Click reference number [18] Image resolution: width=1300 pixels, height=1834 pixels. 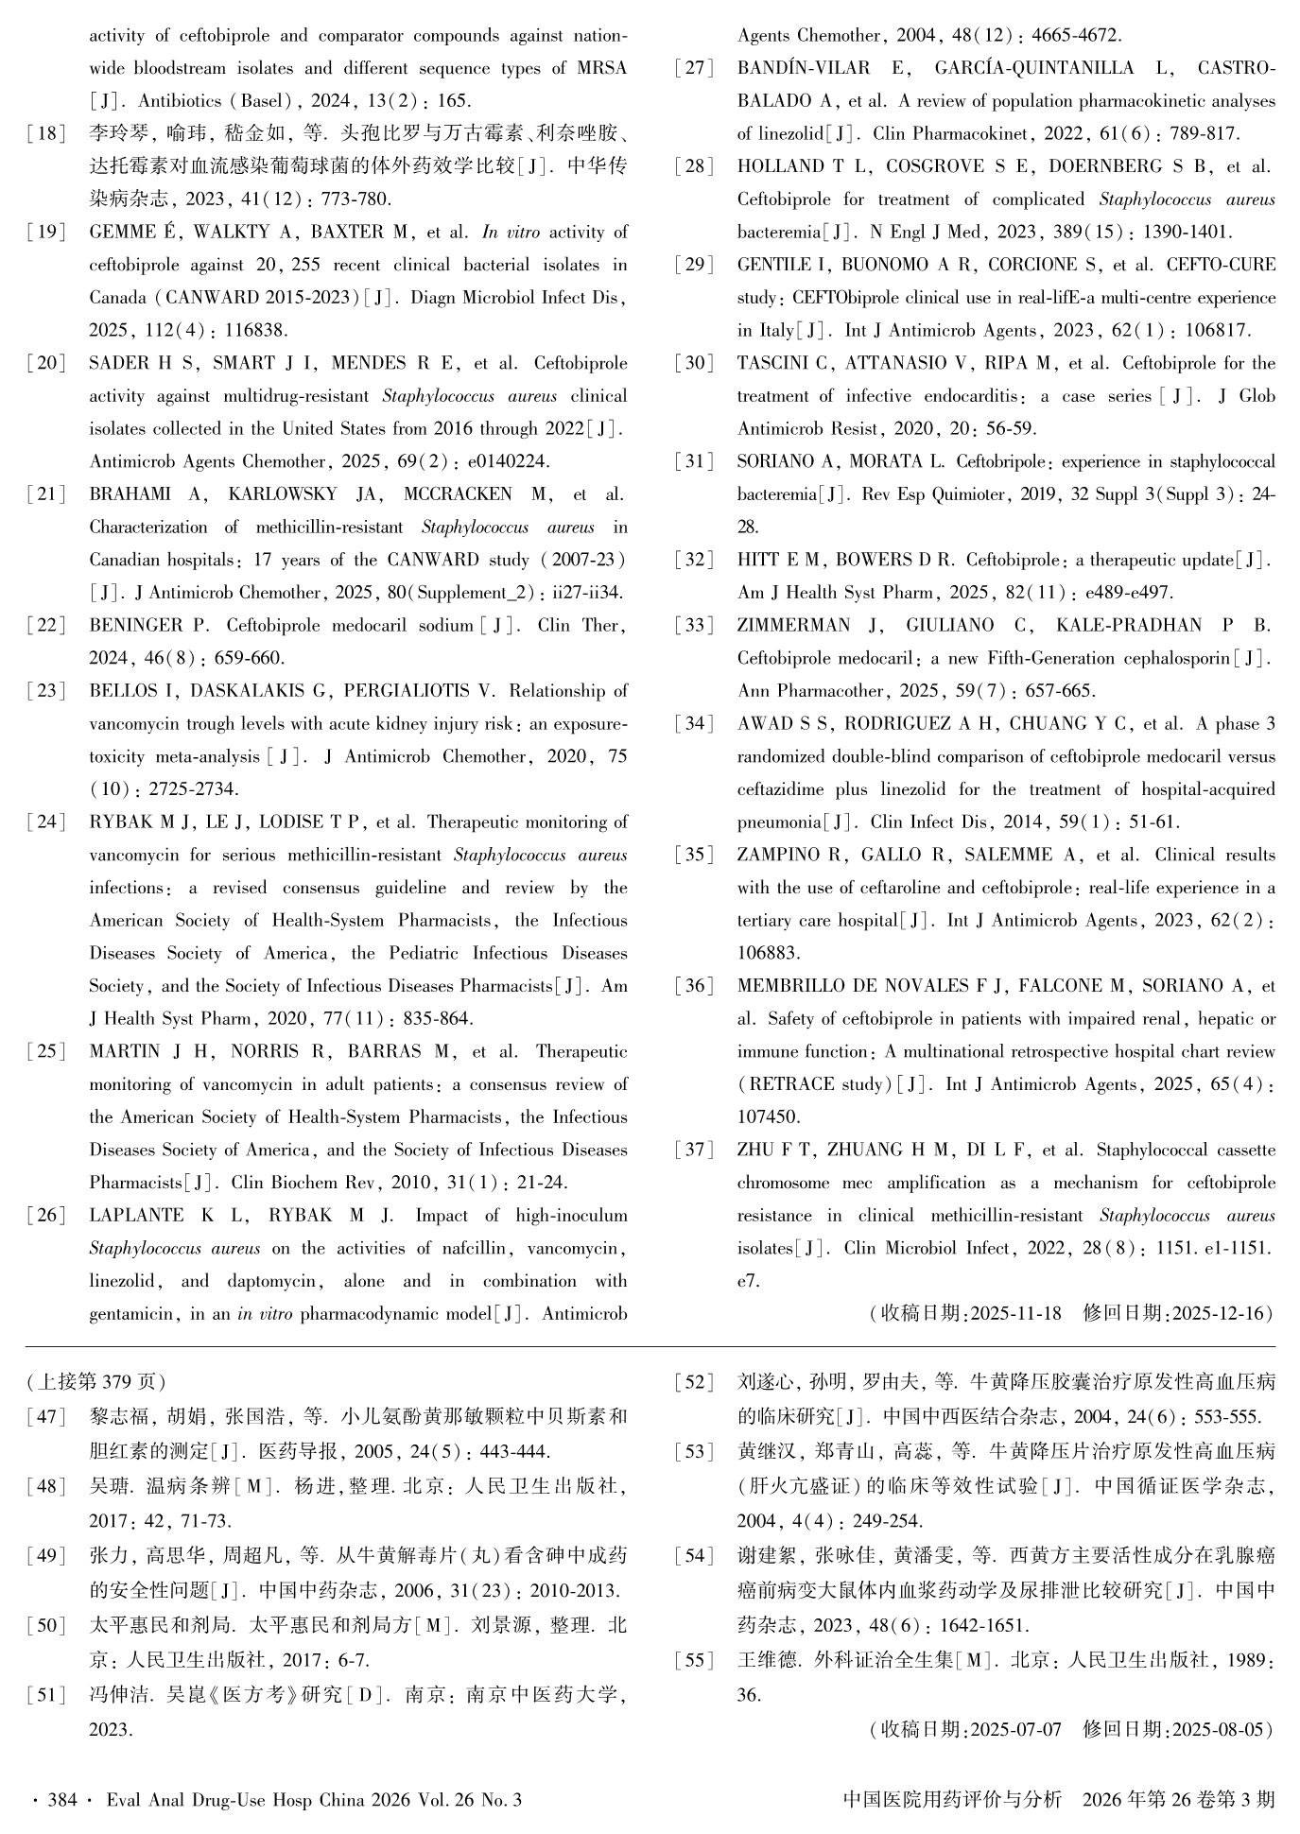[x=47, y=133]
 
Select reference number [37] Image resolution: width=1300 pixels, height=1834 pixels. [x=695, y=1151]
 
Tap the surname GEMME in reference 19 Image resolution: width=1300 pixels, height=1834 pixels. [x=119, y=232]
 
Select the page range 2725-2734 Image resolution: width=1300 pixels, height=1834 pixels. [x=195, y=789]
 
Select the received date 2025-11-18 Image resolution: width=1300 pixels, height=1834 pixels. [x=1015, y=1314]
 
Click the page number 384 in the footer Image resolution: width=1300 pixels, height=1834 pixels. [x=61, y=1800]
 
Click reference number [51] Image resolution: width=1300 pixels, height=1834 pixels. [x=47, y=1695]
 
